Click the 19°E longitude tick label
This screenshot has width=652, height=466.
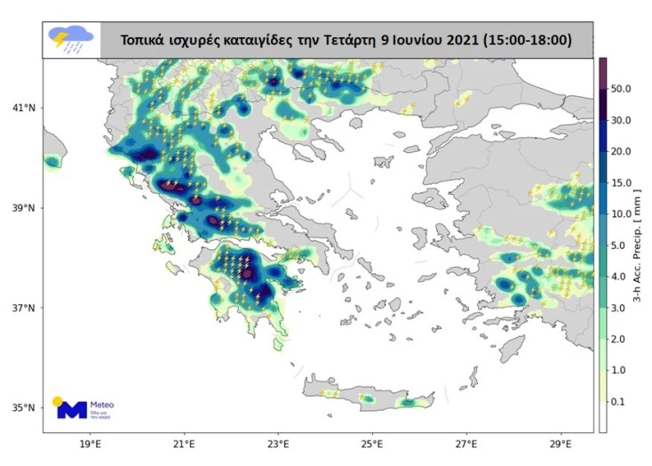click(x=89, y=443)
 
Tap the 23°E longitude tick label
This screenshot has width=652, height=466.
click(x=278, y=443)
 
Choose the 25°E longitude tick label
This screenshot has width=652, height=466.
click(x=372, y=443)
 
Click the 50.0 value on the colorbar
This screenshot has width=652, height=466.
click(x=622, y=89)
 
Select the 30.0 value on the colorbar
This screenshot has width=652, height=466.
click(x=622, y=120)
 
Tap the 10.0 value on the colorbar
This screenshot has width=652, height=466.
click(x=622, y=214)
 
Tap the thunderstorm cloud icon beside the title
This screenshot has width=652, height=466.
click(x=70, y=39)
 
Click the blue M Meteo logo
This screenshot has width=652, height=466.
click(x=73, y=410)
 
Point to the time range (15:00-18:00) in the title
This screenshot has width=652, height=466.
click(x=524, y=40)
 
